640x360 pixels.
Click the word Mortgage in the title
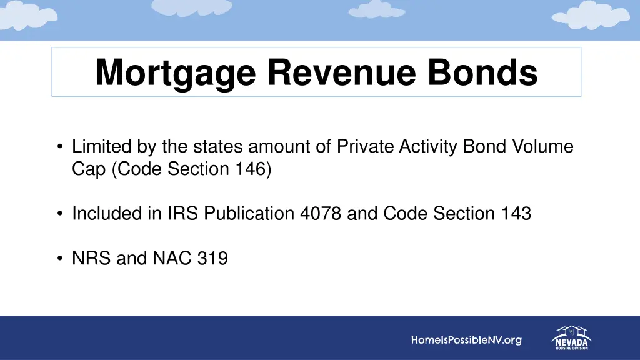click(x=176, y=73)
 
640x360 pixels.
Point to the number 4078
click(x=321, y=214)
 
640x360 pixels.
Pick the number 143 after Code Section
click(x=516, y=214)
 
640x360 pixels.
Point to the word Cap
click(x=89, y=169)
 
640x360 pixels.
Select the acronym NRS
click(x=91, y=257)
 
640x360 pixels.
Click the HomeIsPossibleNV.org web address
click(x=466, y=341)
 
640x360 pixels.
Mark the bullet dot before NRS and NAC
click(x=59, y=257)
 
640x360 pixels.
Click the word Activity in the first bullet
click(x=429, y=147)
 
